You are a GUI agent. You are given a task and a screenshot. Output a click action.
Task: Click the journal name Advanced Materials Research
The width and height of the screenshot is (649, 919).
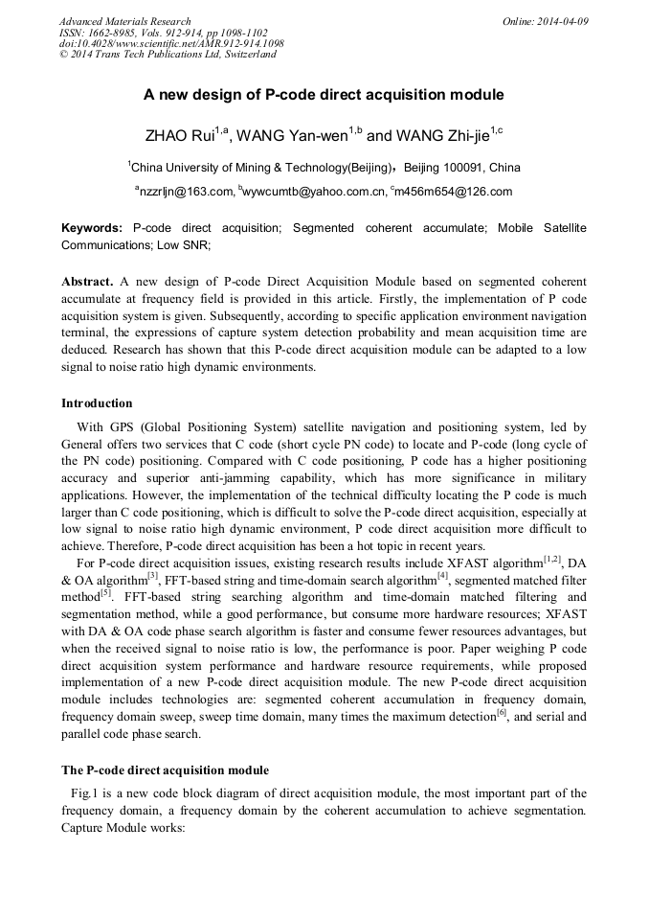click(124, 21)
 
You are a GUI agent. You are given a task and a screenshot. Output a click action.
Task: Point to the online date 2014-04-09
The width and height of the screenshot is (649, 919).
click(564, 21)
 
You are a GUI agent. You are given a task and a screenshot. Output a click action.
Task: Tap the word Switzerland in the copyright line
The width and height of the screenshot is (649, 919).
click(248, 55)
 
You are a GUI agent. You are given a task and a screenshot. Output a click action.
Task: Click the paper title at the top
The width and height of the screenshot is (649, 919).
click(324, 96)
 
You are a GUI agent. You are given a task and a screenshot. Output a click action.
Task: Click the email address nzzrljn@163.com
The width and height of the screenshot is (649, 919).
click(187, 192)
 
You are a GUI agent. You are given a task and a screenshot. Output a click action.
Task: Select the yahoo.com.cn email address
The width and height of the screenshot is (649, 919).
click(314, 192)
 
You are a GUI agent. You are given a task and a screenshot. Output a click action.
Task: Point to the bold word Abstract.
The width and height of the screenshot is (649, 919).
click(88, 283)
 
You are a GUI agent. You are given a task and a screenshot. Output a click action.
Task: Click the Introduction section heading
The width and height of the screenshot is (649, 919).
click(97, 402)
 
